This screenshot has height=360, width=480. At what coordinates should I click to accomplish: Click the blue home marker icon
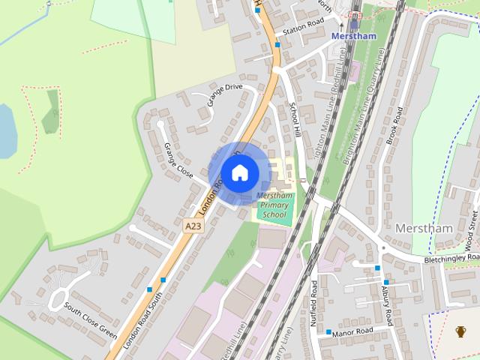pyautogui.click(x=239, y=172)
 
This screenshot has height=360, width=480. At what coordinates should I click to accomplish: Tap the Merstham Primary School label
pyautogui.click(x=274, y=205)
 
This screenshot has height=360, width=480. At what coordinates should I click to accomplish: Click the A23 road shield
pyautogui.click(x=193, y=223)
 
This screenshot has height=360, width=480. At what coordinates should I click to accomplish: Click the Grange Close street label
pyautogui.click(x=178, y=159)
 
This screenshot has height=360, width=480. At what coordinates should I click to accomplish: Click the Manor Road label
pyautogui.click(x=354, y=331)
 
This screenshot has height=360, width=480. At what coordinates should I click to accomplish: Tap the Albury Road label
pyautogui.click(x=387, y=304)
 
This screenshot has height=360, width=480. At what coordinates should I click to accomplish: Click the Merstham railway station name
pyautogui.click(x=353, y=36)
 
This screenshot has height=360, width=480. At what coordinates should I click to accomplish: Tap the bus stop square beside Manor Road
pyautogui.click(x=328, y=331)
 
